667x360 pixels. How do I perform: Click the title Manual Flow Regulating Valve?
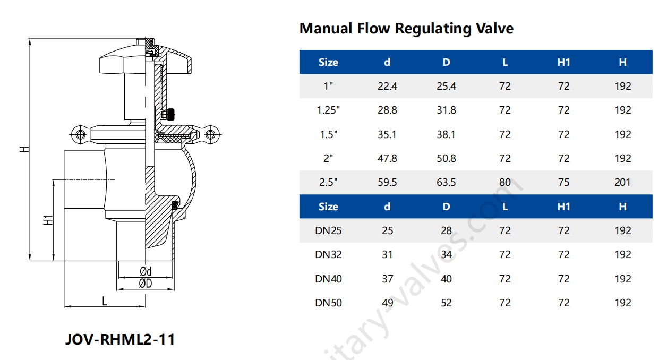tap(406, 28)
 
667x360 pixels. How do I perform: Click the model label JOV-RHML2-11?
tap(119, 339)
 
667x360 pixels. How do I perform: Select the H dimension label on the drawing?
tap(24, 150)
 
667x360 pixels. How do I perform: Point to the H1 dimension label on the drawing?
tap(48, 220)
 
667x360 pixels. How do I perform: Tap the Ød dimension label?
tap(146, 272)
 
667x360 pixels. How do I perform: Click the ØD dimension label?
tap(146, 284)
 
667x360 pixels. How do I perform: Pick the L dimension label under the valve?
tap(105, 301)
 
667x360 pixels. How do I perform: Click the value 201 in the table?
tap(622, 182)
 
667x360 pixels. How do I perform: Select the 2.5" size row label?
tap(328, 182)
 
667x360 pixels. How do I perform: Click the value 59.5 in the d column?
tap(387, 182)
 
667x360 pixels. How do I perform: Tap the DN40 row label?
tap(328, 279)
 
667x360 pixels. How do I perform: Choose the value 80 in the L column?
tap(504, 182)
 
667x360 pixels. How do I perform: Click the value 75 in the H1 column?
tap(563, 182)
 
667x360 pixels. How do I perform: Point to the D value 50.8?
tap(446, 158)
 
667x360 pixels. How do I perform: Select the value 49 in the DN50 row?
tap(387, 303)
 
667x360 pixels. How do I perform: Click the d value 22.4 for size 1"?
tap(387, 86)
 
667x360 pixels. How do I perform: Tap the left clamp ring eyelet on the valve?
tap(80, 134)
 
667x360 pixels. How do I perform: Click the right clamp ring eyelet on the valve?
tap(211, 134)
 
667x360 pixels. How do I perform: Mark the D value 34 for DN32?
tap(446, 254)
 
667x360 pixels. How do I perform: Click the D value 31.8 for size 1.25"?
tap(446, 110)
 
